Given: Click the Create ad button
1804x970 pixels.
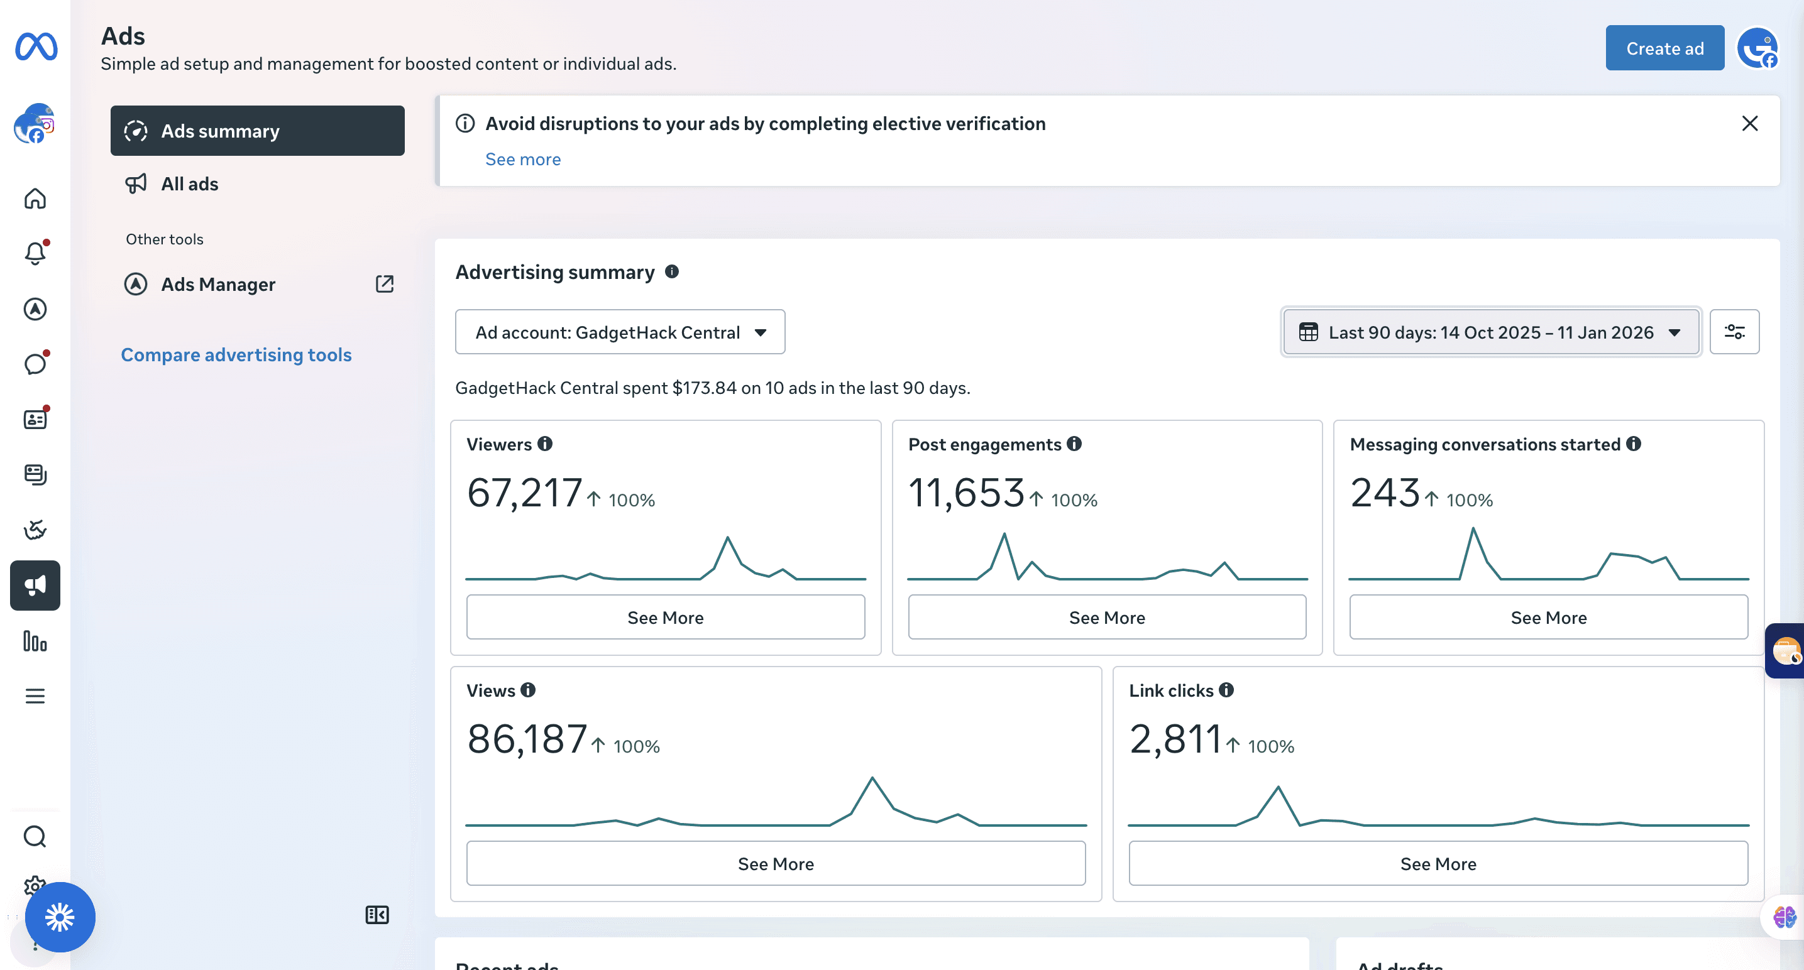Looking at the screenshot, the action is coord(1664,48).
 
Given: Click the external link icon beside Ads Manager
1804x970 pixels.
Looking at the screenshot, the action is coord(385,283).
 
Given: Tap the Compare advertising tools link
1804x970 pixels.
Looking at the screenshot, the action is coord(236,355).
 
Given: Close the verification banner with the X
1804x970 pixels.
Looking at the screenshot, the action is coord(1749,124).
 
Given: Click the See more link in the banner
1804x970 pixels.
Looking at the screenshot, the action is coord(523,160).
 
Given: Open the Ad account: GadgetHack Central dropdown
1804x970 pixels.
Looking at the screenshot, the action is coord(620,332).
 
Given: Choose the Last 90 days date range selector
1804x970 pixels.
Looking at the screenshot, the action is coord(1491,332).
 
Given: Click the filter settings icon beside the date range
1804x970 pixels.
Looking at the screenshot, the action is coord(1734,332).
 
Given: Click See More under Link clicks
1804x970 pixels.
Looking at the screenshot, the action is coord(1438,864).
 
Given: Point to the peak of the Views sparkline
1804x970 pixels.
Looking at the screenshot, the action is coord(872,778).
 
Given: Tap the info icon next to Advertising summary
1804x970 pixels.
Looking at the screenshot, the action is coord(671,271).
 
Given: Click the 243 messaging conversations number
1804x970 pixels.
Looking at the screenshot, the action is coord(1385,492).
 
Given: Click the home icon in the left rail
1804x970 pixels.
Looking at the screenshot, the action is coord(35,199).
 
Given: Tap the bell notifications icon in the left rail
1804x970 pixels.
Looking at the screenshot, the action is coord(35,253).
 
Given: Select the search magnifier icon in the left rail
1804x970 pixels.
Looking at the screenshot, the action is coord(35,837).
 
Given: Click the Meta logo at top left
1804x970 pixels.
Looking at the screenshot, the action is coord(36,47).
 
